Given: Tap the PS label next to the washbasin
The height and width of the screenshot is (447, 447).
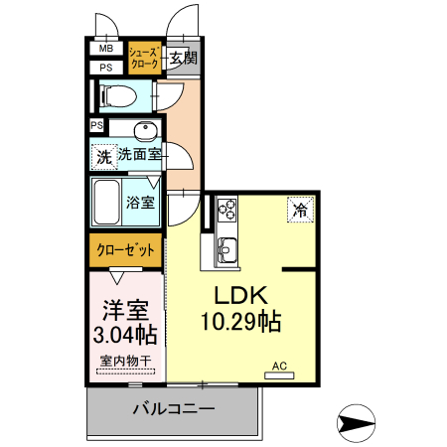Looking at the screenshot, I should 97,125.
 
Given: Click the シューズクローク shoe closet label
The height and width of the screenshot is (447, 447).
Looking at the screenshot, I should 144,58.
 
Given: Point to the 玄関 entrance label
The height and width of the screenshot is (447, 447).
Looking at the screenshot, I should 181,58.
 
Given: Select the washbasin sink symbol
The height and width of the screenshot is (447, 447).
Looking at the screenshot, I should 145,132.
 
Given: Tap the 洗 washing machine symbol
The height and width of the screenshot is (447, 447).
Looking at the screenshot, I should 103,156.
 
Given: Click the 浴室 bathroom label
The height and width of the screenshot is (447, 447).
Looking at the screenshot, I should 141,203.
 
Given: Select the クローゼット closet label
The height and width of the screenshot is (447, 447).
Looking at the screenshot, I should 125,250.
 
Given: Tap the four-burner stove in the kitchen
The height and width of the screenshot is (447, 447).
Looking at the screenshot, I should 227,210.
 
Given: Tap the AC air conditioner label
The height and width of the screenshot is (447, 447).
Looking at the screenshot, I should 281,367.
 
